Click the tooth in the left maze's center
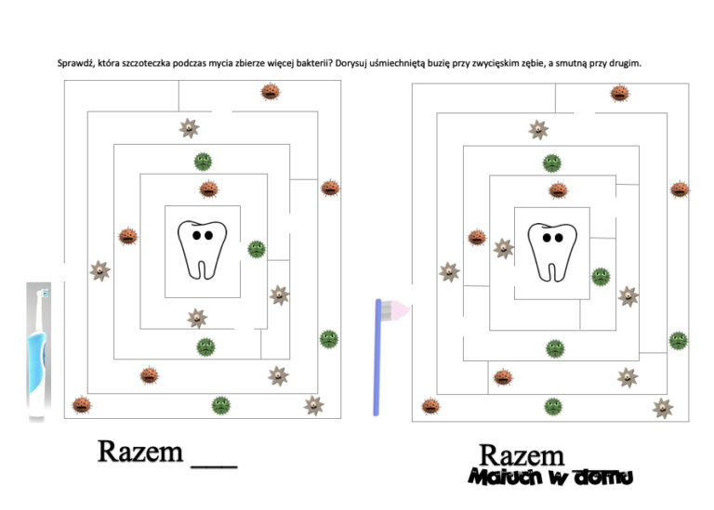pos(202,249)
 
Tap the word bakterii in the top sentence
pos(314,64)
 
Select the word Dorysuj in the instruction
pos(354,64)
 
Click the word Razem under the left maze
pos(140,452)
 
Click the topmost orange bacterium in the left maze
pos(270,92)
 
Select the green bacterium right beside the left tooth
pos(256,249)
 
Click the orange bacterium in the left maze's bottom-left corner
pos(82,405)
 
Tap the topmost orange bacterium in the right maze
pos(619,94)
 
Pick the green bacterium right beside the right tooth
pos(601,276)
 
